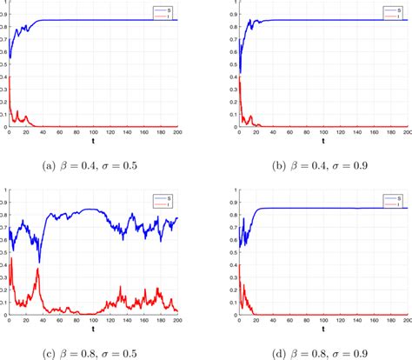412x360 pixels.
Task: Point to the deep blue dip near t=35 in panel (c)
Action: point(39,261)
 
